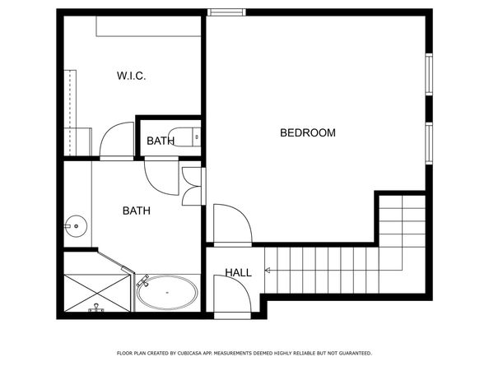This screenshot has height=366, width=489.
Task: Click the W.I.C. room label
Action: click(x=132, y=77)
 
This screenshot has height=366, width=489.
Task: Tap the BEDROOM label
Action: click(x=308, y=132)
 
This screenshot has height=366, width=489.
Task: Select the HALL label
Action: click(x=239, y=272)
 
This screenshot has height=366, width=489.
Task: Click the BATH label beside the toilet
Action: click(x=161, y=141)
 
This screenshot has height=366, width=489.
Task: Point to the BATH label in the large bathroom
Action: click(x=137, y=211)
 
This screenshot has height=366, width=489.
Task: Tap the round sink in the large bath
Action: click(x=76, y=223)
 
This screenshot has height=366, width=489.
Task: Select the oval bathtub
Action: click(x=166, y=293)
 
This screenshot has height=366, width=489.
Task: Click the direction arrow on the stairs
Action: click(x=268, y=270)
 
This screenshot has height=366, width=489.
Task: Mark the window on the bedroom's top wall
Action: click(x=226, y=12)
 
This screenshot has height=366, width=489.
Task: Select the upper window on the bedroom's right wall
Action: click(x=428, y=75)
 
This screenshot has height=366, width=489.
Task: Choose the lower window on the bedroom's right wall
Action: click(x=428, y=144)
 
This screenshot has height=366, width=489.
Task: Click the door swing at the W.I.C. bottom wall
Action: click(x=116, y=140)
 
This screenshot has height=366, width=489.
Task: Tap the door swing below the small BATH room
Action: click(x=161, y=175)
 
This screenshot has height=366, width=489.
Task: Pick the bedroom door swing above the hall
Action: click(x=229, y=224)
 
